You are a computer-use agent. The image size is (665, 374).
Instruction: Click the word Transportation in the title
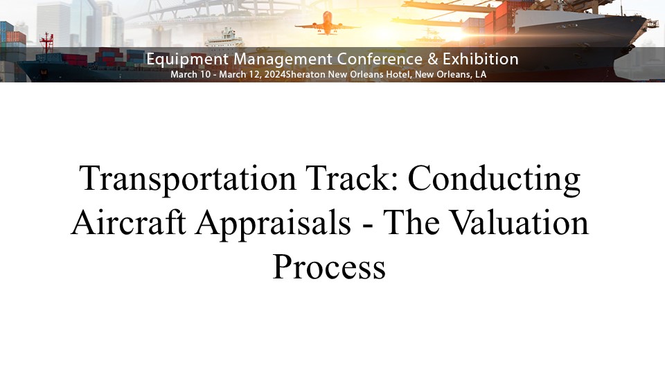coord(188,179)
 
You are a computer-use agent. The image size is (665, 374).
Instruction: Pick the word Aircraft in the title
coord(129,222)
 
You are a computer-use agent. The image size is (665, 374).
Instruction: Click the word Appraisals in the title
coord(273,223)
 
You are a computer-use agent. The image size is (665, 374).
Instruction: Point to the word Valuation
coord(519,222)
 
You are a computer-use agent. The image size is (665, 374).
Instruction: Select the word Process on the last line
coord(329,267)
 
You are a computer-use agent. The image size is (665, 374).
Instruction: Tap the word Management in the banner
coord(283,60)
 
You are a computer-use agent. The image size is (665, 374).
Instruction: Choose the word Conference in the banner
coord(380,59)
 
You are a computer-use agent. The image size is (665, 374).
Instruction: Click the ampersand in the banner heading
coord(432,59)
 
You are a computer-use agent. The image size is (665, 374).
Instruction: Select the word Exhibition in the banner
coord(481,59)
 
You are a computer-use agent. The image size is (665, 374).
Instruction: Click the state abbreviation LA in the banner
coord(481,74)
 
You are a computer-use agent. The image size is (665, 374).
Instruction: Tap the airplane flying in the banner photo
coord(328,24)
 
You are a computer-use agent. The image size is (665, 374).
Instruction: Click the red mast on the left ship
coord(46,42)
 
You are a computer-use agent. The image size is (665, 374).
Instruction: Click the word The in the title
coord(411,222)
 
